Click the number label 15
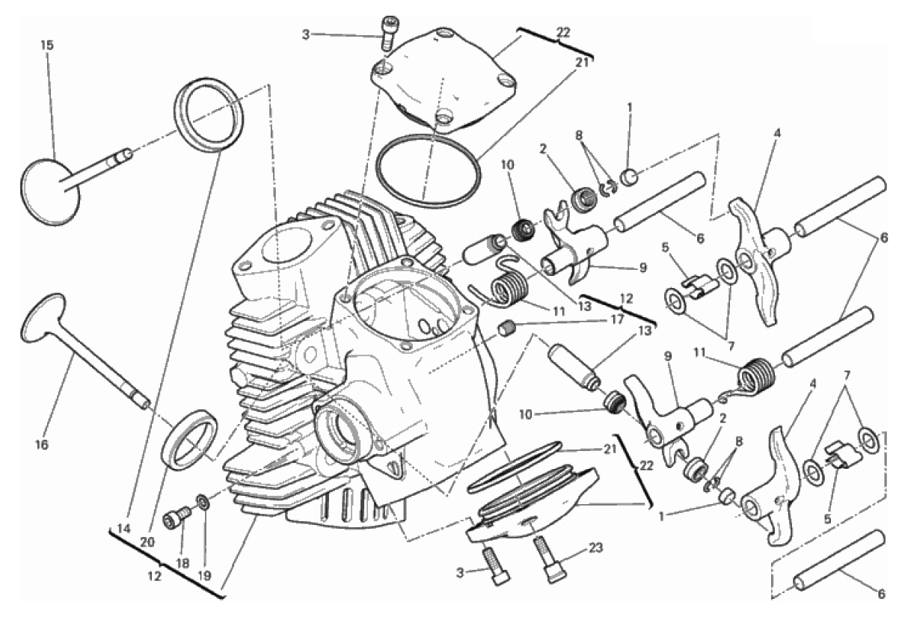(x=47, y=45)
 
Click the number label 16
(x=42, y=444)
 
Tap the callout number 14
(x=124, y=529)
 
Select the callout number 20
(x=147, y=542)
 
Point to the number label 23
(x=596, y=547)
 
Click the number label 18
(x=182, y=563)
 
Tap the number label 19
(x=204, y=576)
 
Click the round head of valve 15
(x=49, y=191)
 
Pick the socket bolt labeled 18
(x=177, y=516)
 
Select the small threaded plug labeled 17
(x=506, y=329)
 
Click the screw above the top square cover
(x=387, y=34)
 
